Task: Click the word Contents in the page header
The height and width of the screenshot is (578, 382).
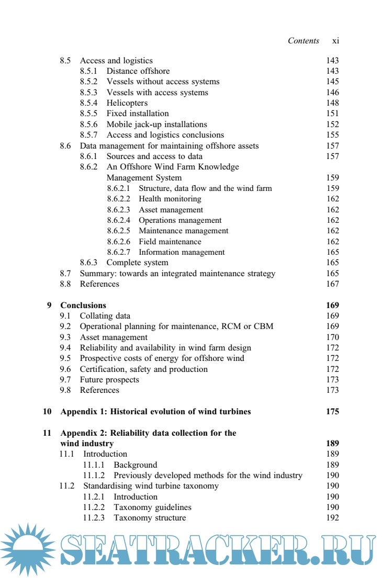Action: pyautogui.click(x=304, y=41)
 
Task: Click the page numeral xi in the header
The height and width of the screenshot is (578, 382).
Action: pyautogui.click(x=335, y=41)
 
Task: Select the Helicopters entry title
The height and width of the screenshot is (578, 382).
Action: pyautogui.click(x=127, y=103)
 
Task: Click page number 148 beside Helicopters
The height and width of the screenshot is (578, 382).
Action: pyautogui.click(x=332, y=103)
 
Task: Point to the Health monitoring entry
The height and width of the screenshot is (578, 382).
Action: pyautogui.click(x=170, y=199)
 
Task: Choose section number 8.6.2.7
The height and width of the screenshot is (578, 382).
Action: pyautogui.click(x=119, y=252)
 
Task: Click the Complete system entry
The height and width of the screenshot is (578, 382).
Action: pyautogui.click(x=137, y=263)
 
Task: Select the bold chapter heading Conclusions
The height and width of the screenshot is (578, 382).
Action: pyautogui.click(x=83, y=305)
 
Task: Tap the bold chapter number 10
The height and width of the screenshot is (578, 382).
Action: pyautogui.click(x=47, y=412)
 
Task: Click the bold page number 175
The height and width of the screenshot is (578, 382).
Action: pyautogui.click(x=332, y=412)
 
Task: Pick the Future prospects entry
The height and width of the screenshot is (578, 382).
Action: pyautogui.click(x=109, y=380)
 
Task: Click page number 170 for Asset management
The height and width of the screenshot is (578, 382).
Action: pyautogui.click(x=332, y=337)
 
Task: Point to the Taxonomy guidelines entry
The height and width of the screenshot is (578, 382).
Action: pyautogui.click(x=152, y=507)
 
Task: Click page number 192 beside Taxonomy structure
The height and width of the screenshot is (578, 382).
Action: pyautogui.click(x=332, y=518)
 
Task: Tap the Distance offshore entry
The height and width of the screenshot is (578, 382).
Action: pyautogui.click(x=138, y=71)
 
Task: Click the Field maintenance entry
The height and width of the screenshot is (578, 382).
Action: pyautogui.click(x=170, y=242)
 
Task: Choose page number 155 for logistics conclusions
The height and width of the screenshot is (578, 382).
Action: pyautogui.click(x=332, y=135)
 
